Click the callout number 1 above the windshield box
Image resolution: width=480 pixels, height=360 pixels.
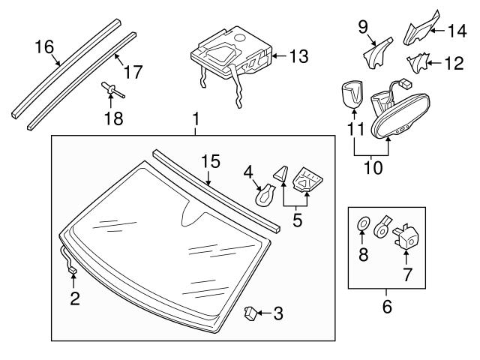point(196,120)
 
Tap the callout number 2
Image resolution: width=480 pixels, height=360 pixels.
point(73,299)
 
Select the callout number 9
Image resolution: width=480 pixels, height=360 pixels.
point(362,28)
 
